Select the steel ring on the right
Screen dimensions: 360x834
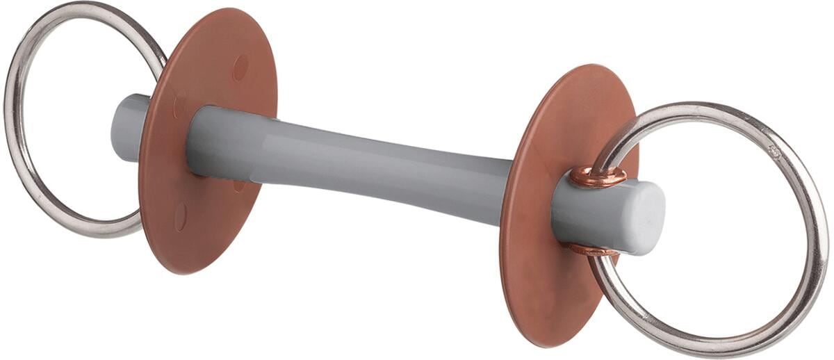tap(813, 229)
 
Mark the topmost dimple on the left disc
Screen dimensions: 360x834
tap(240, 67)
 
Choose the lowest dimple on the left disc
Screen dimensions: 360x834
tap(180, 217)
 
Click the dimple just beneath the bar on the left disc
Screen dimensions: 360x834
tap(238, 186)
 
